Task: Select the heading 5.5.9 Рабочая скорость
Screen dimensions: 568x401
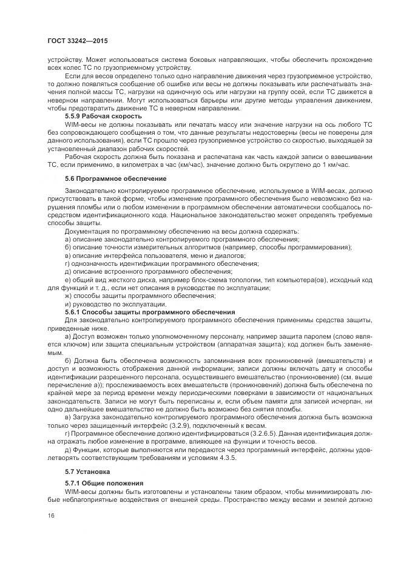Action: click(104, 115)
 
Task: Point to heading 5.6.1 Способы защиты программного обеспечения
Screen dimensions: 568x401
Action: click(150, 311)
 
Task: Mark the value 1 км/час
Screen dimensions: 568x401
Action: click(341, 166)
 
